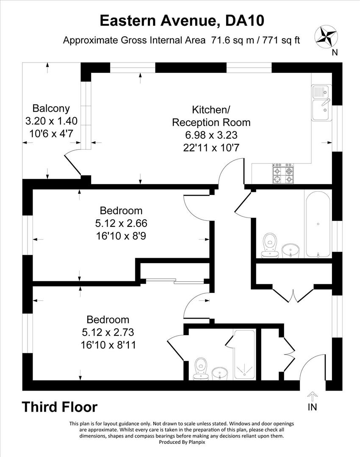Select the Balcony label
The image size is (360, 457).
coord(51,108)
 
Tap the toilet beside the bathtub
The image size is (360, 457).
coord(269,245)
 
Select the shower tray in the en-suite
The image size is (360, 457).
coord(244,355)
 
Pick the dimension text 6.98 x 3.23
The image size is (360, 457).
coord(211,135)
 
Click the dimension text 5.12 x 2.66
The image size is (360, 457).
coord(121,223)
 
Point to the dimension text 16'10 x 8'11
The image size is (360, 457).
coord(108,345)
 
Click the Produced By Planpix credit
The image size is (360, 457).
coord(180,442)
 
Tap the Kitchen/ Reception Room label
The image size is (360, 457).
coord(211,116)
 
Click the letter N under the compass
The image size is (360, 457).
coord(335,52)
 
